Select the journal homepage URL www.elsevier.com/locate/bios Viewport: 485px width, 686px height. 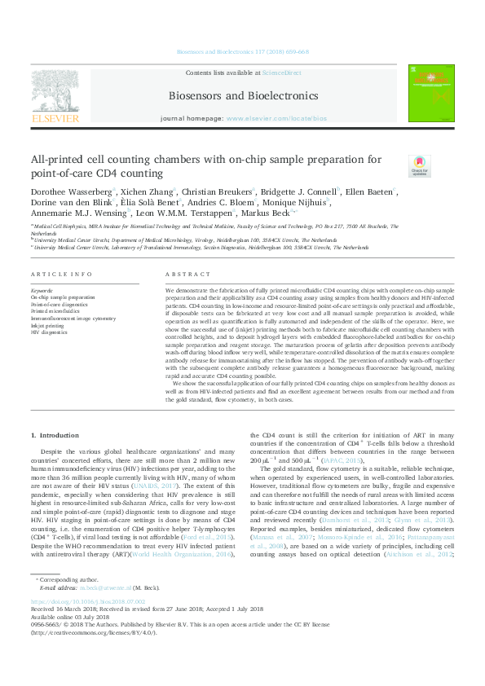tap(267, 119)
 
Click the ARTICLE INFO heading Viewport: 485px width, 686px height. tap(61, 274)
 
